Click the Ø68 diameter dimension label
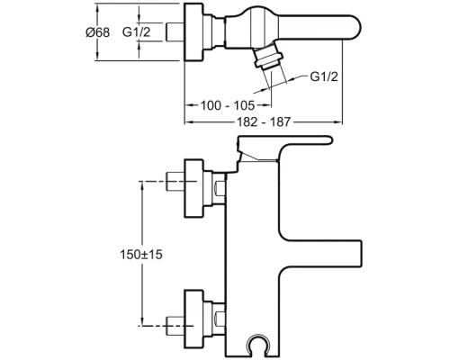pyautogui.click(x=98, y=32)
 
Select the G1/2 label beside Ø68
pyautogui.click(x=136, y=31)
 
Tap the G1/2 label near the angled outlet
pyautogui.click(x=324, y=76)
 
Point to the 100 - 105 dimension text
pyautogui.click(x=228, y=105)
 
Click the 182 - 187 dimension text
pyautogui.click(x=264, y=121)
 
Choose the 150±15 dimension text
pyautogui.click(x=141, y=255)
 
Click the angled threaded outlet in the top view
pyautogui.click(x=267, y=57)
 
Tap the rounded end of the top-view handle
pyautogui.click(x=354, y=28)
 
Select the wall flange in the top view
pyautogui.click(x=193, y=32)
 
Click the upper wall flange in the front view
pyautogui.click(x=193, y=188)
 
